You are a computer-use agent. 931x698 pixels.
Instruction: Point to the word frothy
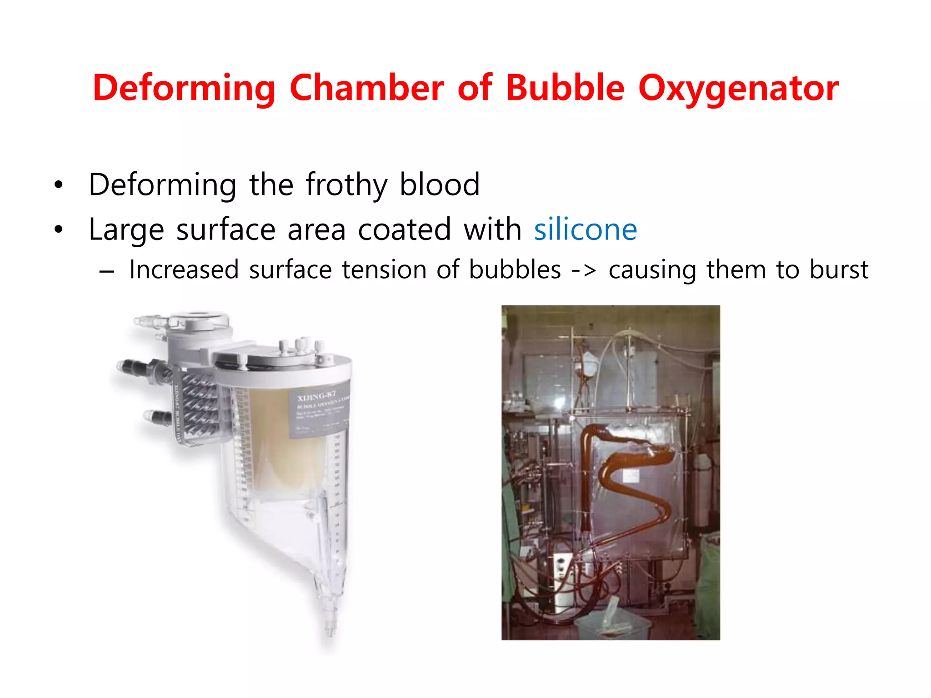[x=346, y=185]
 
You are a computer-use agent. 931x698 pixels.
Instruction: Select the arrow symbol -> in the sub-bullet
[x=584, y=270]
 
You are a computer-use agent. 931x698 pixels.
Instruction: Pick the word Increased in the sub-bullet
[x=184, y=269]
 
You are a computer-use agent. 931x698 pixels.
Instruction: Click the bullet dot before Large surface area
[x=58, y=229]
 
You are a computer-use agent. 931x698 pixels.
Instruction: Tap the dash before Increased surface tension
[x=107, y=271]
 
